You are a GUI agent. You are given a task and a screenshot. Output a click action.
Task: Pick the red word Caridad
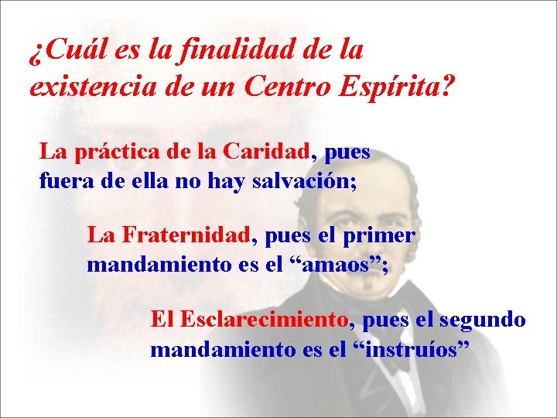(x=268, y=152)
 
